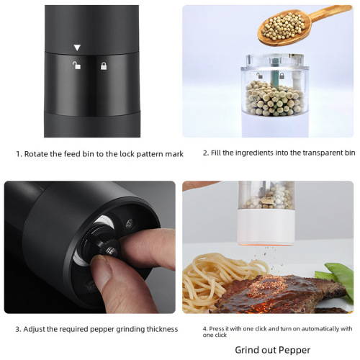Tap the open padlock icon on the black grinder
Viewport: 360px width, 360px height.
pos(76,66)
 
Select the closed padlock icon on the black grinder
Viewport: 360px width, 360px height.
pos(104,66)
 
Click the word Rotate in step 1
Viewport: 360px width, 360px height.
pos(37,153)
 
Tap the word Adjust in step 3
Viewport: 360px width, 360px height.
pos(37,329)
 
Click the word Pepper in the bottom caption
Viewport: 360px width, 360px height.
pos(292,351)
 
